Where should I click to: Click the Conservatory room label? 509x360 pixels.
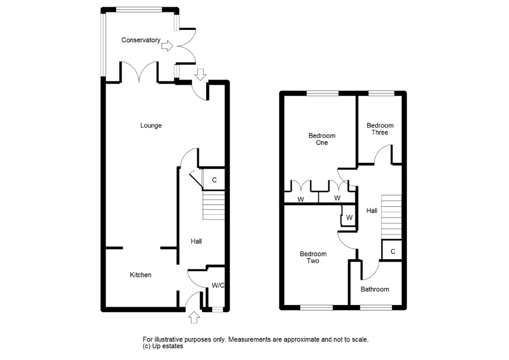point(140,40)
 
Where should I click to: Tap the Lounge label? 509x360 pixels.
point(151,125)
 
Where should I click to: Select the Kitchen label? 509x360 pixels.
point(140,274)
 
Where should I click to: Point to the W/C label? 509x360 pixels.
point(218,285)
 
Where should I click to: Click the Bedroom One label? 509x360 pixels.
point(322,139)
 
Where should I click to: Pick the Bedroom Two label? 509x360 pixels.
point(313,257)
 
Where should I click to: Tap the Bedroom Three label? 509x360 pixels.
point(380,129)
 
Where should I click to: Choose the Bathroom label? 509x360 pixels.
point(375,289)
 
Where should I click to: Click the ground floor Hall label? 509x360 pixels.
point(196,241)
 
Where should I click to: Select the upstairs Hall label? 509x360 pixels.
point(372,210)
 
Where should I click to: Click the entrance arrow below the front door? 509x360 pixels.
point(194,317)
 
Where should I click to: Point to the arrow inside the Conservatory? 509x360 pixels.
point(167,46)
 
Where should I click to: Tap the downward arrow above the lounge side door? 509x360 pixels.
point(201,75)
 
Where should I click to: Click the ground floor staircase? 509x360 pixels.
point(214,205)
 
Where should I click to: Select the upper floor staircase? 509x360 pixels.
point(391,217)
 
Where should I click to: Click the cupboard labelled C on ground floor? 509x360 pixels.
point(214,180)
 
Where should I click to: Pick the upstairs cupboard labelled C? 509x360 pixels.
point(392,251)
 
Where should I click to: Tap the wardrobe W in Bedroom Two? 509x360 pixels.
point(349,217)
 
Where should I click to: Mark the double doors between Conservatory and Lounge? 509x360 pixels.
point(139,72)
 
